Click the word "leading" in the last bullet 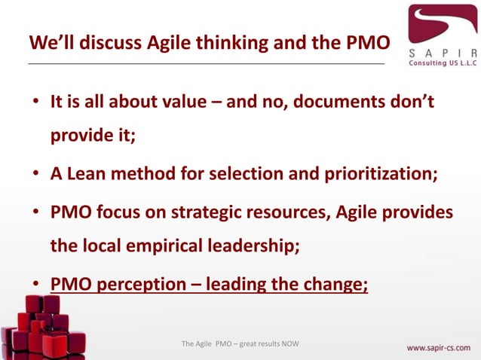[x=240, y=285]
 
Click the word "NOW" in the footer [x=290, y=344]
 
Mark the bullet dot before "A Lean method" [x=35, y=174]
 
